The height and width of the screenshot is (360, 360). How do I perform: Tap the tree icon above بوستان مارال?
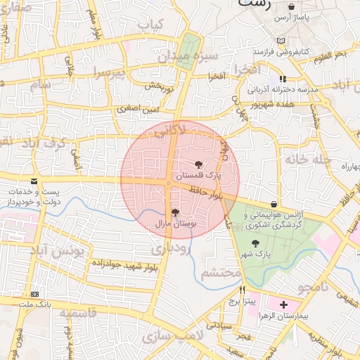174,212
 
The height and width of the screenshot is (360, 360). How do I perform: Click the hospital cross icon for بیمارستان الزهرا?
283,304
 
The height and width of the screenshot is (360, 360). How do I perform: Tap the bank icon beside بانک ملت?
35,294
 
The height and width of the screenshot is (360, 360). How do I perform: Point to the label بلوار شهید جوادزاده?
123,265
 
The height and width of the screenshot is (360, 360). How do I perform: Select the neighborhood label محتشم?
221,274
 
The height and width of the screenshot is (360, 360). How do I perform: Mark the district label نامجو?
313,287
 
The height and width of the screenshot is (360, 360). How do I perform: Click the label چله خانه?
307,159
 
